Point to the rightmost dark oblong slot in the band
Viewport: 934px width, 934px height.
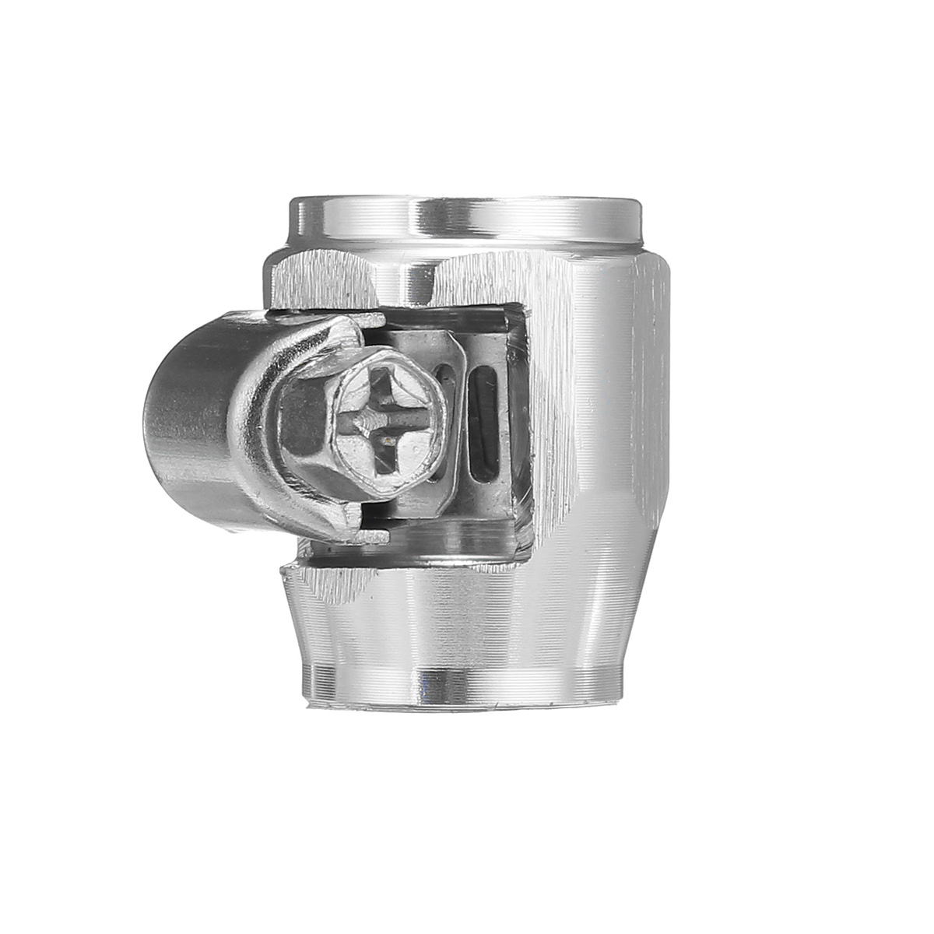tap(483, 424)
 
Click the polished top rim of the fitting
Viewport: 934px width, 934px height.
tap(467, 212)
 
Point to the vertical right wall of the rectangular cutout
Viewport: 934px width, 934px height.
tap(524, 420)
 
